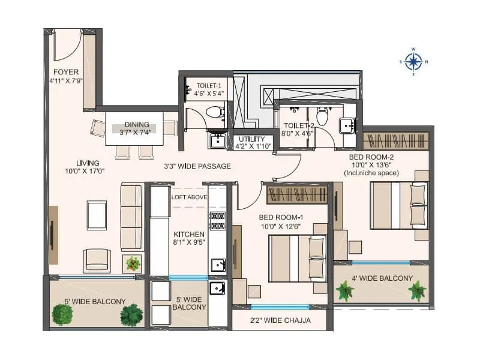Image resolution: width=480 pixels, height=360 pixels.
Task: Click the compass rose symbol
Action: [413, 61]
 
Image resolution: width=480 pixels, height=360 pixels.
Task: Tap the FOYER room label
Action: [65, 73]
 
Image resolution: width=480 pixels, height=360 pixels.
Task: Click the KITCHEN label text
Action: [189, 234]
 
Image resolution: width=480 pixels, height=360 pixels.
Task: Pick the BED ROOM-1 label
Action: [280, 217]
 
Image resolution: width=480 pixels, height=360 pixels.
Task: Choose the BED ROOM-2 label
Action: [372, 157]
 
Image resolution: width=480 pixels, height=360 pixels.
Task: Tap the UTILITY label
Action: [252, 139]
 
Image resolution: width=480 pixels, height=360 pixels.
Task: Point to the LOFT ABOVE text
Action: [189, 197]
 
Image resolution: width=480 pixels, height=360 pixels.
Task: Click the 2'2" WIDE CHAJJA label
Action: [281, 320]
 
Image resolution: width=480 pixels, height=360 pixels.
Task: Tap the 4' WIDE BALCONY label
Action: [382, 278]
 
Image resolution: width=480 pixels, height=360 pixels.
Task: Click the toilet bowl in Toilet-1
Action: [213, 112]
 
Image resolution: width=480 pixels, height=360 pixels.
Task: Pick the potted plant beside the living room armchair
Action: [133, 263]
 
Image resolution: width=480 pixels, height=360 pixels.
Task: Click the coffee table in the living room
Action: [97, 215]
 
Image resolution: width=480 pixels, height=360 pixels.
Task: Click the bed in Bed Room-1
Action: [296, 258]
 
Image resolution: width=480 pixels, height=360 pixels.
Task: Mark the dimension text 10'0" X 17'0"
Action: [85, 171]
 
